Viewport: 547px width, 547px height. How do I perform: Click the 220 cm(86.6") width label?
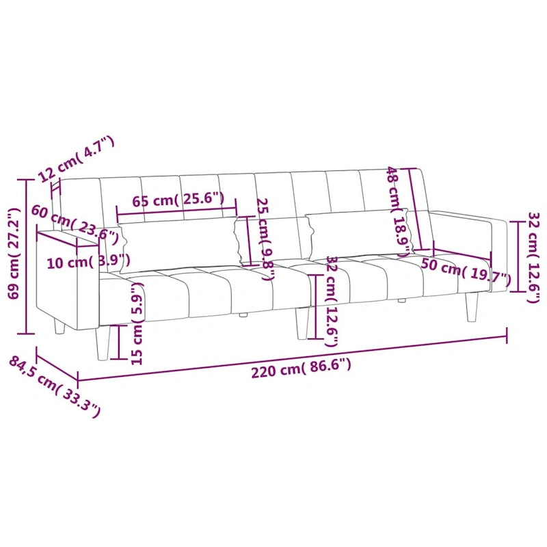coord(301,369)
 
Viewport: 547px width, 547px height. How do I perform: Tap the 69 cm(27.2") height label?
coord(13,255)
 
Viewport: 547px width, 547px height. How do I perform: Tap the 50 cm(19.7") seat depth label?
coord(466,272)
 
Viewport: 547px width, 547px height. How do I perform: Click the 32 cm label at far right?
coord(534,256)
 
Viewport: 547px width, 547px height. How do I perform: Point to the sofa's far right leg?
coord(471,307)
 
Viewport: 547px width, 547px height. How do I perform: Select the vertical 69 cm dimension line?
coord(26,256)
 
